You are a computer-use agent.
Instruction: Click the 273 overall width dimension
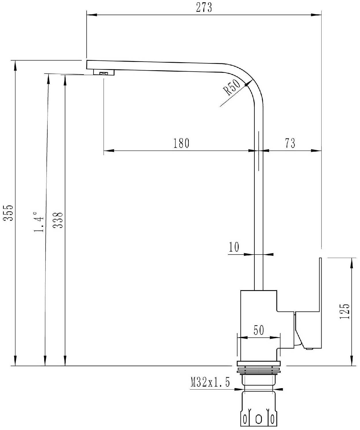pyautogui.click(x=204, y=8)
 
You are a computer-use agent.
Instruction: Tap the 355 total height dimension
pyautogui.click(x=8, y=213)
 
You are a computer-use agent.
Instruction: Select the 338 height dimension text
pyautogui.click(x=58, y=220)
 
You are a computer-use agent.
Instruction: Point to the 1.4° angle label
pyautogui.click(x=39, y=222)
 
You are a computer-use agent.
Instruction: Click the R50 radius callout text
pyautogui.click(x=232, y=87)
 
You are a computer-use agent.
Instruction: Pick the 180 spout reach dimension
pyautogui.click(x=181, y=143)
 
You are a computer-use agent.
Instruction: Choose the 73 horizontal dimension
pyautogui.click(x=290, y=143)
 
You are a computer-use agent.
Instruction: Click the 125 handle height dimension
pyautogui.click(x=345, y=311)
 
